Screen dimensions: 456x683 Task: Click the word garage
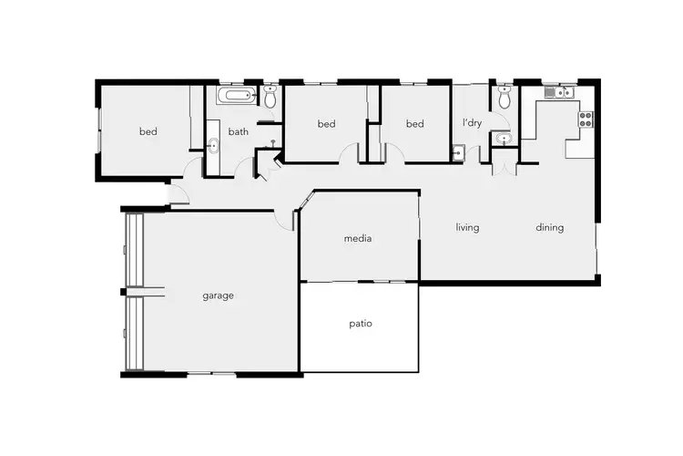219,295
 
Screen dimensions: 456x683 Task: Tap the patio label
361,324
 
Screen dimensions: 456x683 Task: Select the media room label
358,239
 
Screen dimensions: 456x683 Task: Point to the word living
467,227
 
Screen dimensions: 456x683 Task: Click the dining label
549,227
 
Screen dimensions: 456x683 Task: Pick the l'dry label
472,123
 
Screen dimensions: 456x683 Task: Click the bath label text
238,131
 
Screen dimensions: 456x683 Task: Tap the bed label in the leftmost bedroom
148,131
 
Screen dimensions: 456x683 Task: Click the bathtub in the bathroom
237,96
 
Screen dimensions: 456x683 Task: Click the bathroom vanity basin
213,145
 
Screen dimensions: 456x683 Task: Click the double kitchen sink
556,92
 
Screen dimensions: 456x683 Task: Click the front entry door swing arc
179,194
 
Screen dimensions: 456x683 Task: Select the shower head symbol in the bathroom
273,143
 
